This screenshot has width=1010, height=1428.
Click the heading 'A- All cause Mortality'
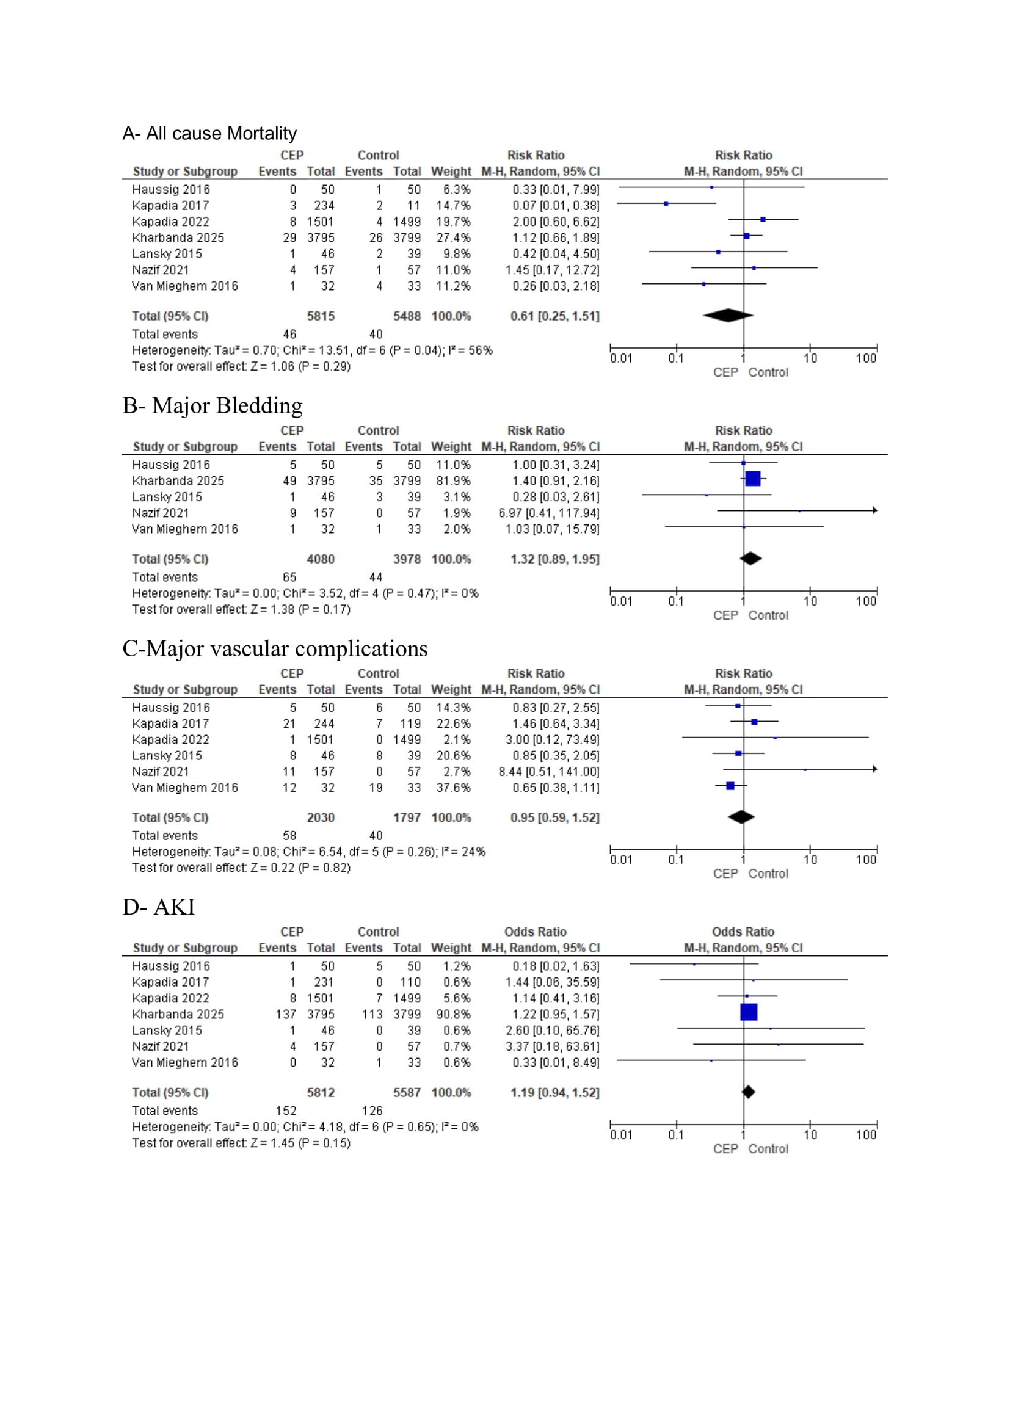coord(209,133)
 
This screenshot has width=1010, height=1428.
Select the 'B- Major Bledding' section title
coord(212,405)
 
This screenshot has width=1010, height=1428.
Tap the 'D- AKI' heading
coord(159,907)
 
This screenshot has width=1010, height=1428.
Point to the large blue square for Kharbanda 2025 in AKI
coord(749,1012)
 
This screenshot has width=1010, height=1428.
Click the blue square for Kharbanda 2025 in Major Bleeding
coord(752,478)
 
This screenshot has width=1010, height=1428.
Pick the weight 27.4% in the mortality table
coord(452,237)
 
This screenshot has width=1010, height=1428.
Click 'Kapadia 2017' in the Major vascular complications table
coord(170,723)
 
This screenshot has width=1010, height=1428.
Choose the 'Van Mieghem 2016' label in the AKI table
coord(184,1062)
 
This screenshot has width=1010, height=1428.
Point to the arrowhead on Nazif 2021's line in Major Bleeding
coord(874,510)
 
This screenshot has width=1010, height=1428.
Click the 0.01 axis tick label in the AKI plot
coord(620,1135)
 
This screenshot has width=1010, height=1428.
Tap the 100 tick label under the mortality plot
coord(866,358)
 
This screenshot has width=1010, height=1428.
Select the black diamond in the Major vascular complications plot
coord(741,817)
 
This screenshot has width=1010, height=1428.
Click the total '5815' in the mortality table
coord(321,316)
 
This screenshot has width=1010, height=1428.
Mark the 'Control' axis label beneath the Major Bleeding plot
coord(768,615)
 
